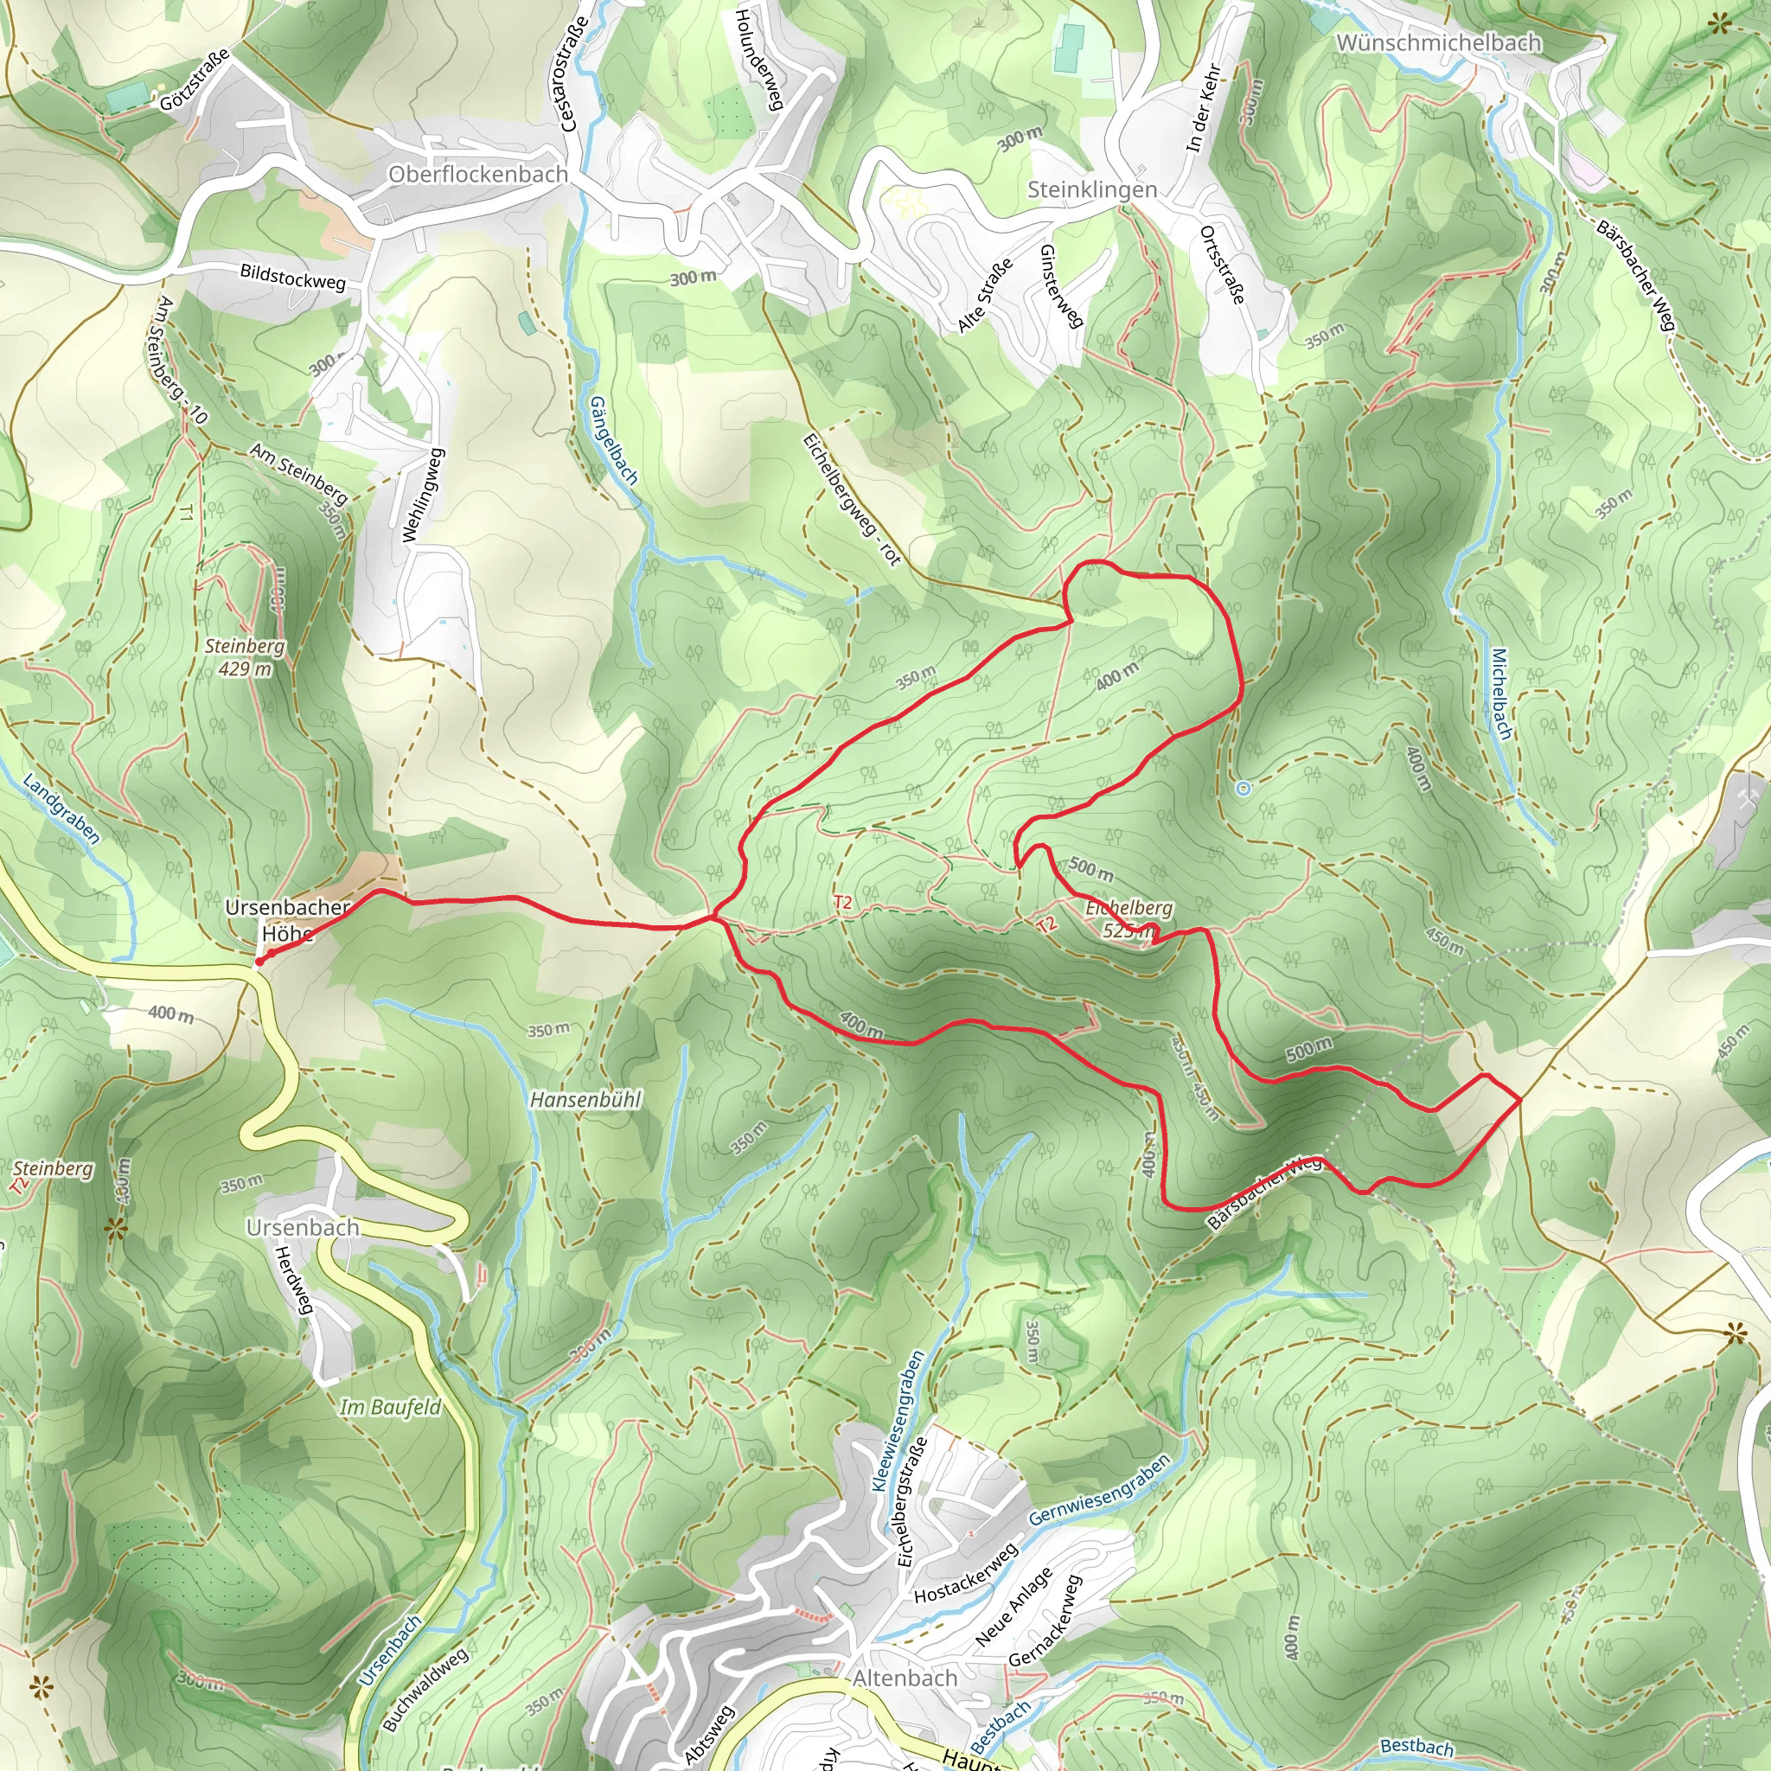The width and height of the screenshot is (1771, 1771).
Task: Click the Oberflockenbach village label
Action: pyautogui.click(x=477, y=174)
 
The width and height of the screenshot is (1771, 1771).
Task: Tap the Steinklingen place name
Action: pyautogui.click(x=1092, y=189)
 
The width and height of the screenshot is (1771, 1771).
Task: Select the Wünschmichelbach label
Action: pyautogui.click(x=1438, y=43)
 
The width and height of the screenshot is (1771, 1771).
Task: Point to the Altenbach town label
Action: pyautogui.click(x=905, y=1678)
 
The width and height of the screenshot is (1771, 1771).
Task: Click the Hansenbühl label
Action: pyautogui.click(x=585, y=1099)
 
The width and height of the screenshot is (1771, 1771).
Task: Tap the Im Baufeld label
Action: pyautogui.click(x=391, y=1407)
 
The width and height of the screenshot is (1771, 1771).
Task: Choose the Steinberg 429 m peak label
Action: pyautogui.click(x=244, y=657)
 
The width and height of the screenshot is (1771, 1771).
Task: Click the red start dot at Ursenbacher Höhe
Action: pyautogui.click(x=259, y=962)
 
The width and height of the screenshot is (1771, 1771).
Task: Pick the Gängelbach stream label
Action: pyautogui.click(x=613, y=440)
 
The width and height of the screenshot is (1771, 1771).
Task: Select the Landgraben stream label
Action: pyautogui.click(x=61, y=809)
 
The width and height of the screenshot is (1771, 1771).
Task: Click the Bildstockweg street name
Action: pyautogui.click(x=292, y=276)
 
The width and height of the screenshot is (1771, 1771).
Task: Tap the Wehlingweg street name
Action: pyautogui.click(x=424, y=495)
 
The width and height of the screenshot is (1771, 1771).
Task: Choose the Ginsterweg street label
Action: pyautogui.click(x=1062, y=286)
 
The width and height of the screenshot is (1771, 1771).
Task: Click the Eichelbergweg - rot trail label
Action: pyautogui.click(x=852, y=500)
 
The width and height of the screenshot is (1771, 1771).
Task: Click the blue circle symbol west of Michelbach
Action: pyautogui.click(x=1243, y=789)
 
